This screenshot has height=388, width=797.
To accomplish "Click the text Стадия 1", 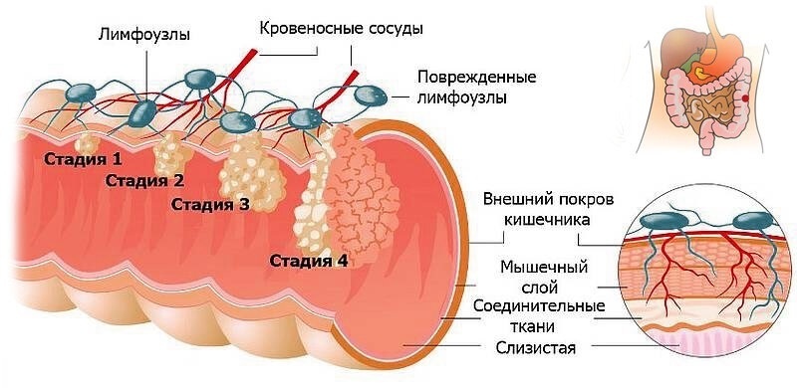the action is pos(83,158).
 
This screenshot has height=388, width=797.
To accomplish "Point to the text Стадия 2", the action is pos(144,180).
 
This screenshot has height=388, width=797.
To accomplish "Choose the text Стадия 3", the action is pos(210,205).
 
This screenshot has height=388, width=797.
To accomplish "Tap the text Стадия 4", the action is pos(309,261).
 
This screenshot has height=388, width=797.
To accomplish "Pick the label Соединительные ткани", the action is pos(538,315).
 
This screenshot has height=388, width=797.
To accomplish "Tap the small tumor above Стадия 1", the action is pos(82,139).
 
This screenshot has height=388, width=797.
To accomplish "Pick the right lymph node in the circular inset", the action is pos(756,222).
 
